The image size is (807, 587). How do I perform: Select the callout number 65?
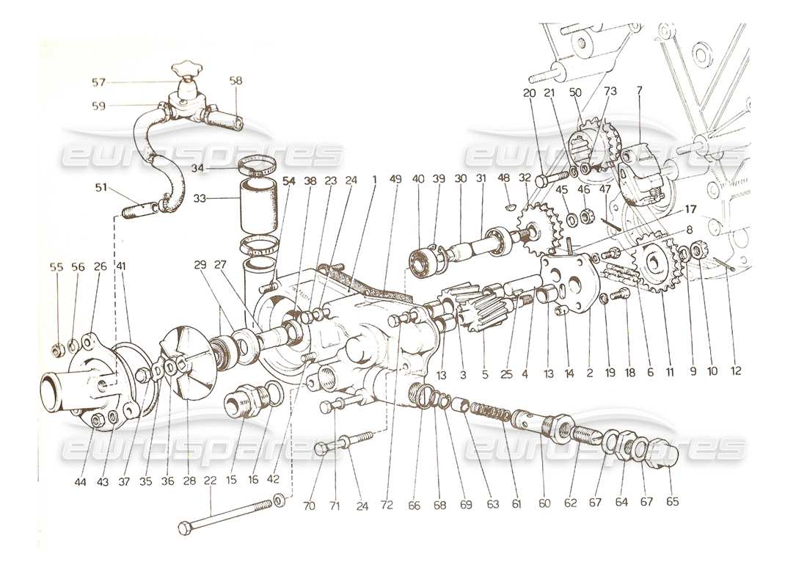672,503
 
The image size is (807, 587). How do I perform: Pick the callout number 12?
736,372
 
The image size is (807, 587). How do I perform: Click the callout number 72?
387,504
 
